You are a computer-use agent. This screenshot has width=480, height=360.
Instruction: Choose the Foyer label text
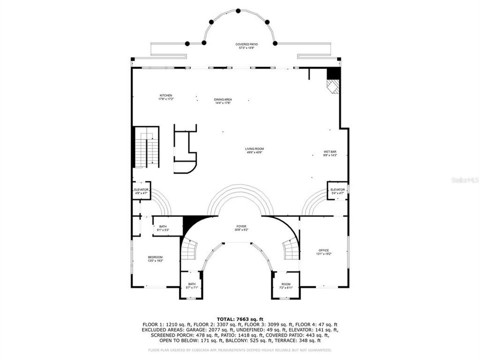[x=241, y=228]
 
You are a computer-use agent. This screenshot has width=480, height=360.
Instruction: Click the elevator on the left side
[x=141, y=191]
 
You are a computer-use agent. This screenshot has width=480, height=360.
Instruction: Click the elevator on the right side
[x=337, y=191]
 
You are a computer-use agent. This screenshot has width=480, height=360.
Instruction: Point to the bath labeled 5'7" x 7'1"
[x=192, y=285]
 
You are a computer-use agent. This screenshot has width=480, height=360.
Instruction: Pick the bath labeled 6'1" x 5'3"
[x=163, y=228]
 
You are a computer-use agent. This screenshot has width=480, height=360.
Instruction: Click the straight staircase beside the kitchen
[x=146, y=147]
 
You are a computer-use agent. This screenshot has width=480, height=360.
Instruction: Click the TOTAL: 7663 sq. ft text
[x=240, y=318]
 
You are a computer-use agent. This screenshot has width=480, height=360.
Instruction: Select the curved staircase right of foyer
[x=291, y=248]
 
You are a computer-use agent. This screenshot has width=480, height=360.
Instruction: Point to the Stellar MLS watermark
[x=465, y=179]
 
